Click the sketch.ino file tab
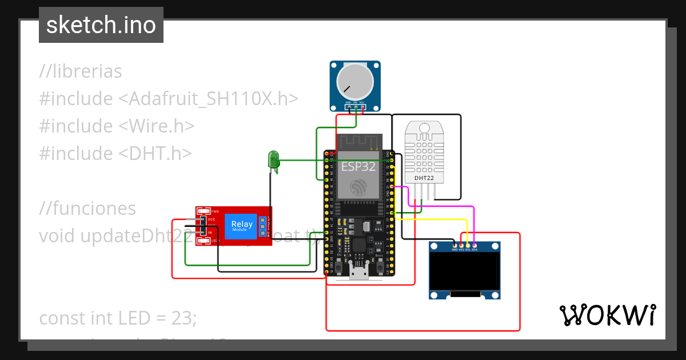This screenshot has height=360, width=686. click(x=101, y=25)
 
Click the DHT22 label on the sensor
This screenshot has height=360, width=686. click(x=424, y=178)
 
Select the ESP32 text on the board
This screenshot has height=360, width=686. click(x=358, y=167)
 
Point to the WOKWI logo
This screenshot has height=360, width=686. click(x=607, y=315)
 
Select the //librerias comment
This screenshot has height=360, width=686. click(x=81, y=71)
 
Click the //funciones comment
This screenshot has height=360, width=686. click(x=87, y=209)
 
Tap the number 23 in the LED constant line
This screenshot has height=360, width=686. click(x=183, y=318)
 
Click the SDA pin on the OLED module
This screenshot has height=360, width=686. click(x=474, y=246)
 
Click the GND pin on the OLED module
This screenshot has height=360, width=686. click(x=454, y=246)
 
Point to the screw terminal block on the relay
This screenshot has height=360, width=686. click(x=264, y=226)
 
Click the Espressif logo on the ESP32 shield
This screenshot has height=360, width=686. click(x=358, y=187)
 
